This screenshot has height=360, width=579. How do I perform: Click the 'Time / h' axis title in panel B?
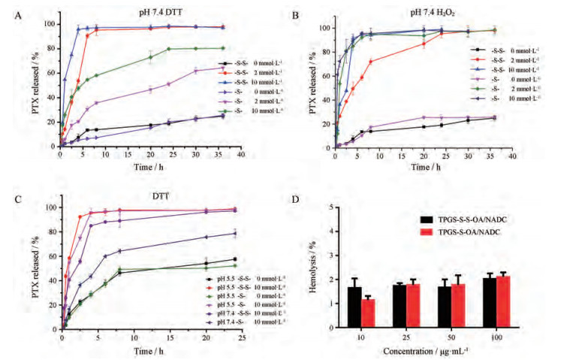click(x=424, y=165)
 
